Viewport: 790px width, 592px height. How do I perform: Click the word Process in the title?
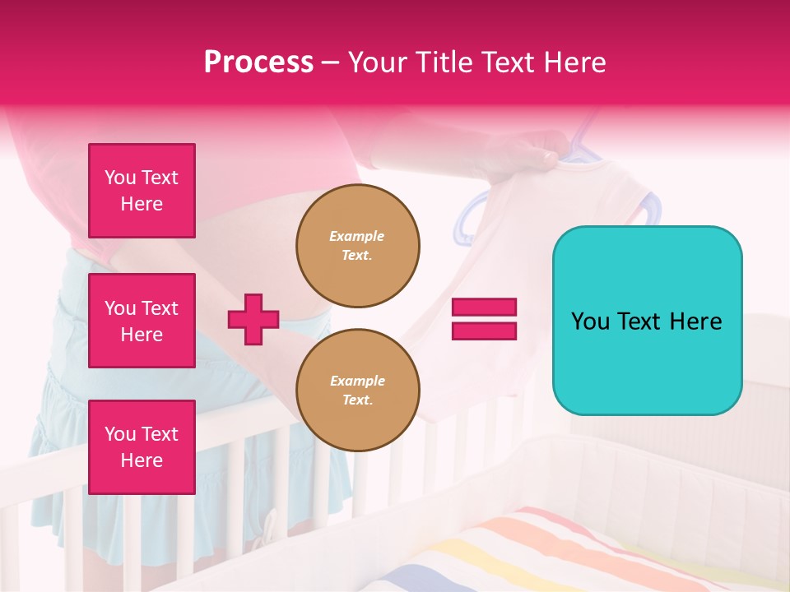tap(258, 62)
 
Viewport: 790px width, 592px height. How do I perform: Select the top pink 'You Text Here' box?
tap(142, 191)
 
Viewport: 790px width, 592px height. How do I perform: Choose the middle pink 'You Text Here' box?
tap(142, 321)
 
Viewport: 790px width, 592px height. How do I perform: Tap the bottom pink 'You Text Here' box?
tap(142, 447)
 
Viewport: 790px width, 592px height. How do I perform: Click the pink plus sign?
tap(253, 319)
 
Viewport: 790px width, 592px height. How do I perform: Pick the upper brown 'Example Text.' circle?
tap(358, 246)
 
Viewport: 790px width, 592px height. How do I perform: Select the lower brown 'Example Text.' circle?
tap(358, 391)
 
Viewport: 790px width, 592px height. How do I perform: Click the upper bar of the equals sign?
tap(484, 307)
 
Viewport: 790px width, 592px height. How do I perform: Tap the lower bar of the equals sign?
tap(484, 331)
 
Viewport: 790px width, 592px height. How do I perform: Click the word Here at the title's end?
tap(575, 62)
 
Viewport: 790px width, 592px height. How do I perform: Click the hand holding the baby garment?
tap(535, 156)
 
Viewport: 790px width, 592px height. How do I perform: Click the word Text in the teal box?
tap(638, 321)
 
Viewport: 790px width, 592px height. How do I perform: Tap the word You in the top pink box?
tap(120, 178)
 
